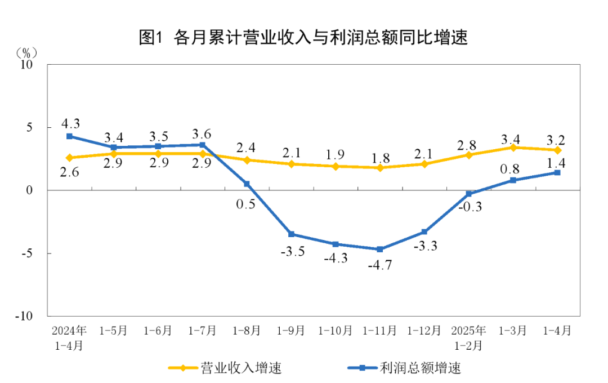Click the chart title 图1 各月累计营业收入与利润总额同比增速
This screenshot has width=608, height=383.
303,38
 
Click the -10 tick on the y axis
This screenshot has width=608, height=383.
25,316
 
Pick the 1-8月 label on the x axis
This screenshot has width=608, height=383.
247,331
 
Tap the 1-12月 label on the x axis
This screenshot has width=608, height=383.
424,331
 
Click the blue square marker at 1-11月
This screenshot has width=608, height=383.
380,249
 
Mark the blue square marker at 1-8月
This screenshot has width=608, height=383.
247,184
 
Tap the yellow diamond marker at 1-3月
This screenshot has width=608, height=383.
513,148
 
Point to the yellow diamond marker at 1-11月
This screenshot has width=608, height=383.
380,167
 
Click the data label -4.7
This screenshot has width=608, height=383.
380,265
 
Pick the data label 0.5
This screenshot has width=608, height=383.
246,204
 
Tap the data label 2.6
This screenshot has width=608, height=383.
69,173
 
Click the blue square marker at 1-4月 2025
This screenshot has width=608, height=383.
557,172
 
